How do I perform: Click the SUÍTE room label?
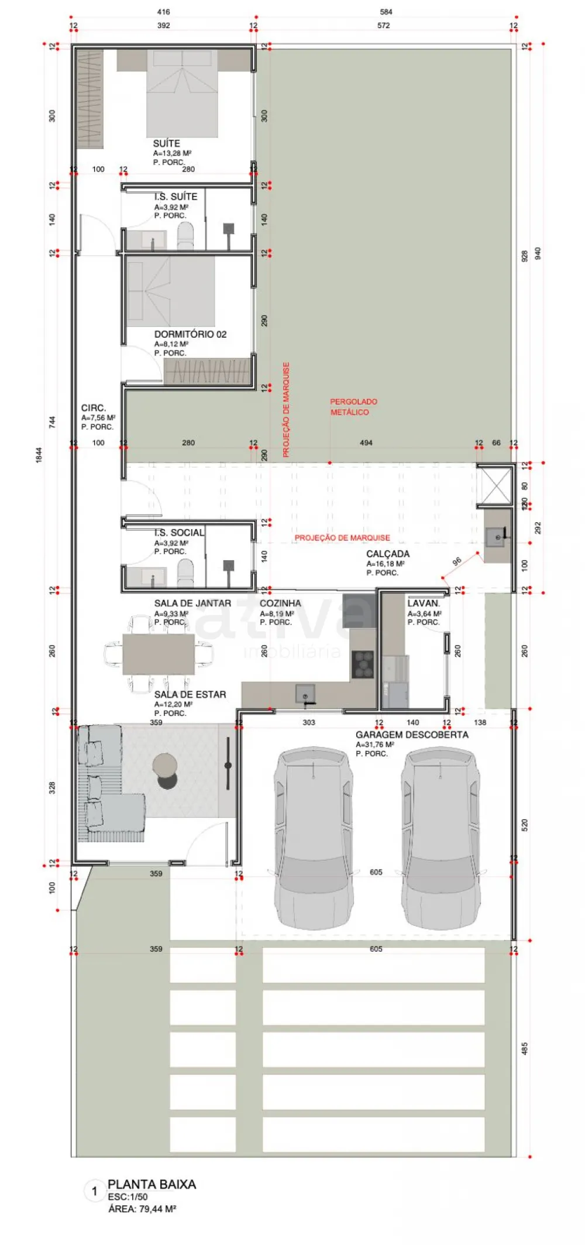(x=166, y=143)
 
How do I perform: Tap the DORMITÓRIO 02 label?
(x=190, y=334)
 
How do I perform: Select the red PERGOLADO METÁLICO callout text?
(x=353, y=407)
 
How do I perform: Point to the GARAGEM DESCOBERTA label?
(x=412, y=735)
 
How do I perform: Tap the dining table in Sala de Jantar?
(x=159, y=654)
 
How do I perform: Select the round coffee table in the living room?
(x=165, y=765)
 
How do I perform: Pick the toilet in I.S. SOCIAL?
(x=185, y=572)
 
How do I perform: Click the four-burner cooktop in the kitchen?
(x=363, y=664)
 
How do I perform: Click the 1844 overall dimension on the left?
(x=39, y=455)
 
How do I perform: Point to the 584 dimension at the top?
(x=386, y=12)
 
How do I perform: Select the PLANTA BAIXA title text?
(x=152, y=1184)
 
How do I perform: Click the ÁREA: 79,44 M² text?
(x=142, y=1209)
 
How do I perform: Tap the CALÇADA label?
(x=388, y=554)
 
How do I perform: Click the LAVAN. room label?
(x=423, y=603)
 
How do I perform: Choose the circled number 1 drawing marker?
(x=94, y=1191)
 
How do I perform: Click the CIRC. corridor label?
(x=94, y=408)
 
